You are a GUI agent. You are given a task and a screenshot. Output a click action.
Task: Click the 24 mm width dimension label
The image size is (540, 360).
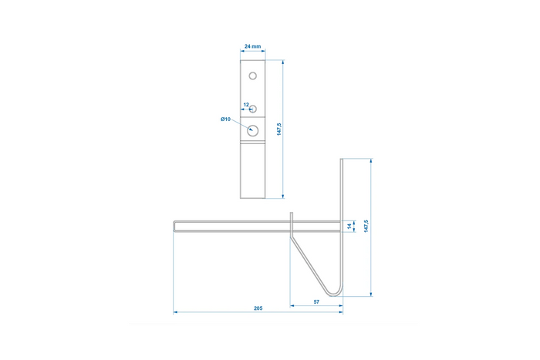(252, 47)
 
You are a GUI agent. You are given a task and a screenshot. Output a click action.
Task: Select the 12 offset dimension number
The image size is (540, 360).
(245, 104)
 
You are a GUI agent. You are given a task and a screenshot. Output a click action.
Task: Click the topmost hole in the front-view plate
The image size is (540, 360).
(252, 75)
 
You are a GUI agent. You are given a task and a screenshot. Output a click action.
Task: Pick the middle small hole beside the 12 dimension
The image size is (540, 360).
(252, 109)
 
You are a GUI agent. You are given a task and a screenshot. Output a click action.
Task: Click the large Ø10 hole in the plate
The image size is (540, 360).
(252, 130)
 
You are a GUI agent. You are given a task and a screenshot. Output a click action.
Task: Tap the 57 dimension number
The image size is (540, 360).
(317, 301)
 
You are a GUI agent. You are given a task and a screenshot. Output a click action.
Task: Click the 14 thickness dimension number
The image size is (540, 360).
(349, 226)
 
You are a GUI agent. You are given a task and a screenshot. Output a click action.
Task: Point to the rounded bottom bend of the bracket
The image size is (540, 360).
(333, 291)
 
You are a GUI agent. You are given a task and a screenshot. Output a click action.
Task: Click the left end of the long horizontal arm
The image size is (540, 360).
(175, 226)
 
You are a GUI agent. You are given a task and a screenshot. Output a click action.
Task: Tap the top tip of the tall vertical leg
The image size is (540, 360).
(341, 160)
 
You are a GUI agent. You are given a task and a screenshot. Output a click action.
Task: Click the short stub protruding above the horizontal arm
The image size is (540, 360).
(292, 216)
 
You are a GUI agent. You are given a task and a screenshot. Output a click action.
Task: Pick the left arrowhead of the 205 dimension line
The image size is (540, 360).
(176, 313)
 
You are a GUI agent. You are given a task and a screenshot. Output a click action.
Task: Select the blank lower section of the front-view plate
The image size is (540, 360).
(252, 170)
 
